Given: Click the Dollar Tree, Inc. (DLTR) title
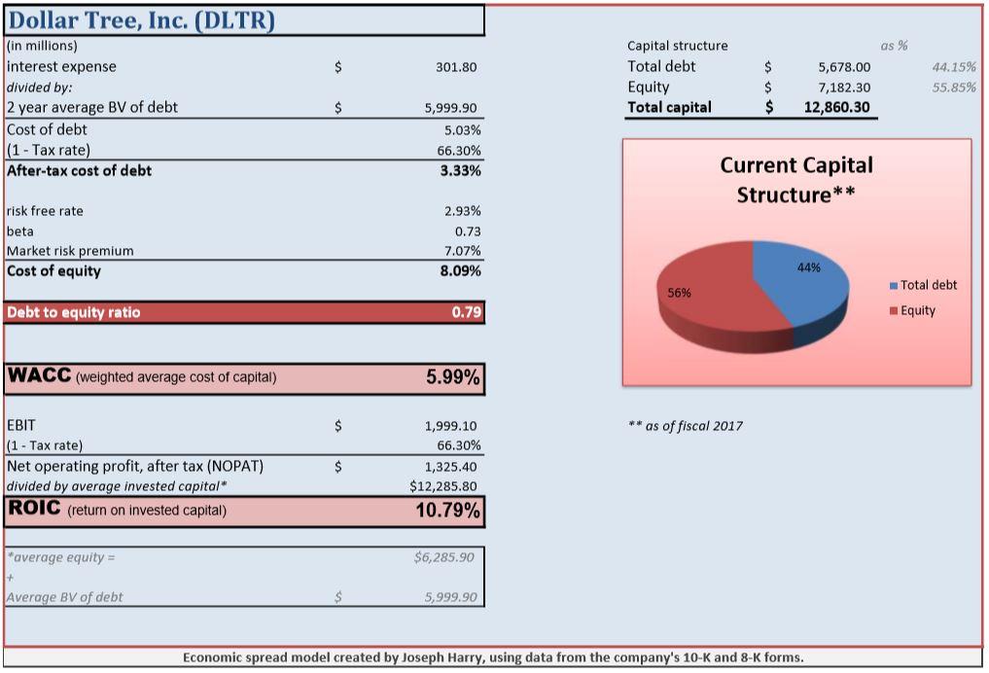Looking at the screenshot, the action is pyautogui.click(x=141, y=20).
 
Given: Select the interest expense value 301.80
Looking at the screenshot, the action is pyautogui.click(x=456, y=67).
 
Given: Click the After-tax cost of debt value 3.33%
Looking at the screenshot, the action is pyautogui.click(x=460, y=170).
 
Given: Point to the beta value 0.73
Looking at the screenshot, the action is pyautogui.click(x=468, y=231).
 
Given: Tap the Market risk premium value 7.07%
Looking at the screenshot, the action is pyautogui.click(x=462, y=251).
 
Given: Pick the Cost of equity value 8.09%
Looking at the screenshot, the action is pyautogui.click(x=460, y=271).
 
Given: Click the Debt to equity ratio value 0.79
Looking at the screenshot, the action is pyautogui.click(x=466, y=312).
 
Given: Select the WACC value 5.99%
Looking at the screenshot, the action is pyautogui.click(x=453, y=377).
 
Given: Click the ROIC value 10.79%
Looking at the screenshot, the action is pyautogui.click(x=448, y=511).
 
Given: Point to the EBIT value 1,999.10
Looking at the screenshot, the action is pyautogui.click(x=450, y=426).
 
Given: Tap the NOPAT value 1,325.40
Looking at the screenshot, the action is pyautogui.click(x=450, y=468).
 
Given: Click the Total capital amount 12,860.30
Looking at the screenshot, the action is pyautogui.click(x=836, y=107).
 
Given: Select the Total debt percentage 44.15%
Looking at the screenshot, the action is pyautogui.click(x=954, y=67).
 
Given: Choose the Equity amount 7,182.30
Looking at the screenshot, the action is pyautogui.click(x=844, y=88).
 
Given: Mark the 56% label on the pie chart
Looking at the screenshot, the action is pyautogui.click(x=680, y=293).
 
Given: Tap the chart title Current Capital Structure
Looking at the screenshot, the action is pyautogui.click(x=796, y=180).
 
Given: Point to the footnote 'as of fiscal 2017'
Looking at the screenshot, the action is pyautogui.click(x=686, y=426).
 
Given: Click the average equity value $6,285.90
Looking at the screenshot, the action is pyautogui.click(x=444, y=557).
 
